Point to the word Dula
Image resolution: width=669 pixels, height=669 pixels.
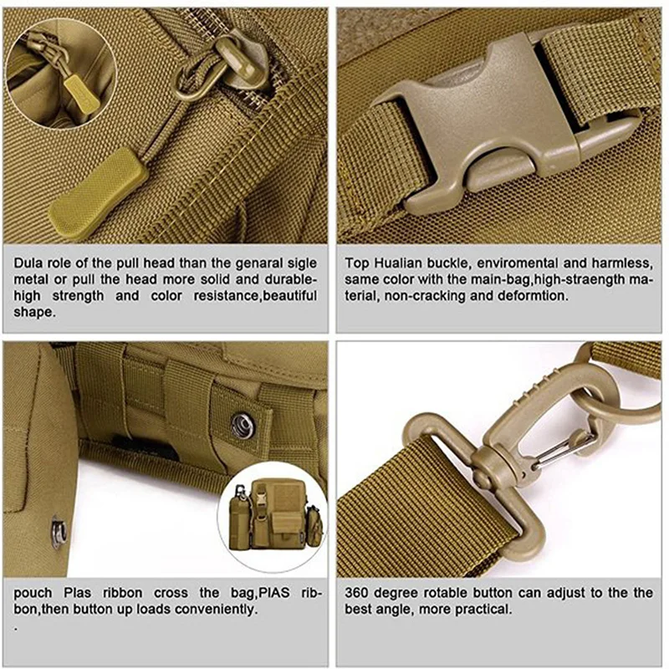[x=29, y=263]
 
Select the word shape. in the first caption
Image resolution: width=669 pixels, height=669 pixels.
[x=33, y=313]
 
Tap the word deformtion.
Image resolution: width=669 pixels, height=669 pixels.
[x=535, y=295]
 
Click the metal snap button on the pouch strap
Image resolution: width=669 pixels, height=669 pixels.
[x=242, y=424]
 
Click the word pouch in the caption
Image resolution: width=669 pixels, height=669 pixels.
[x=33, y=593]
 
